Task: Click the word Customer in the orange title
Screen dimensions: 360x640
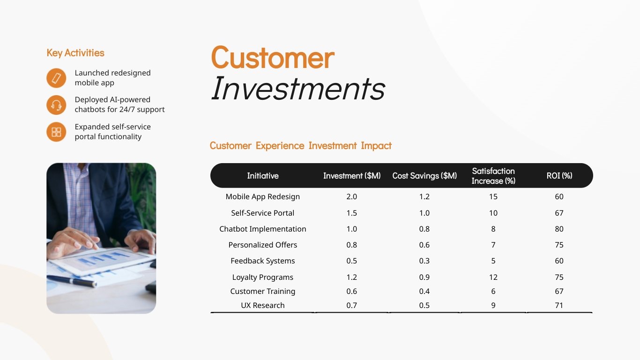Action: pyautogui.click(x=272, y=58)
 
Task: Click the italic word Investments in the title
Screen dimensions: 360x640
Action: pyautogui.click(x=298, y=88)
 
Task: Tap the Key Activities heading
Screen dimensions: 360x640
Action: pyautogui.click(x=75, y=53)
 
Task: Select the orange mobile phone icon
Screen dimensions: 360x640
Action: pyautogui.click(x=56, y=78)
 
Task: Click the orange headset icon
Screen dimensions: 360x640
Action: pyautogui.click(x=56, y=105)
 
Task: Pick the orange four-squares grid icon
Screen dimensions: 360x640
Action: pyautogui.click(x=56, y=132)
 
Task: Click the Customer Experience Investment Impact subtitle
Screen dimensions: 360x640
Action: pyautogui.click(x=300, y=146)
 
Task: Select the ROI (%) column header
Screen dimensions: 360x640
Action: pyautogui.click(x=559, y=176)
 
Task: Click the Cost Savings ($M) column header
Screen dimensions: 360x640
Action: pyautogui.click(x=424, y=176)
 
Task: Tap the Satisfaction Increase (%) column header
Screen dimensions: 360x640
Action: pyautogui.click(x=493, y=176)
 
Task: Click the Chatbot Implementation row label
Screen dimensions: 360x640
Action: pyautogui.click(x=262, y=229)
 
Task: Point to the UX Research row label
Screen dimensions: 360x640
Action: pyautogui.click(x=262, y=306)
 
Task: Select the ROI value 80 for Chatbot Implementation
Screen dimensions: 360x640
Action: pyautogui.click(x=559, y=229)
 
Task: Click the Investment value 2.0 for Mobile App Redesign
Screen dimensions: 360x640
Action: pyautogui.click(x=351, y=197)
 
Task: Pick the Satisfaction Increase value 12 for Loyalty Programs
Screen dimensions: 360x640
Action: pyautogui.click(x=493, y=277)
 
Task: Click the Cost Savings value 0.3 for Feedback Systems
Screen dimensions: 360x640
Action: pyautogui.click(x=424, y=261)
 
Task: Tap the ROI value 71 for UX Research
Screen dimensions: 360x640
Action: pyautogui.click(x=559, y=306)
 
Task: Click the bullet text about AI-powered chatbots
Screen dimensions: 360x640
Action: pyautogui.click(x=119, y=105)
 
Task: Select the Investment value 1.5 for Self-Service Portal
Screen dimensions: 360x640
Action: pyautogui.click(x=351, y=213)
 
